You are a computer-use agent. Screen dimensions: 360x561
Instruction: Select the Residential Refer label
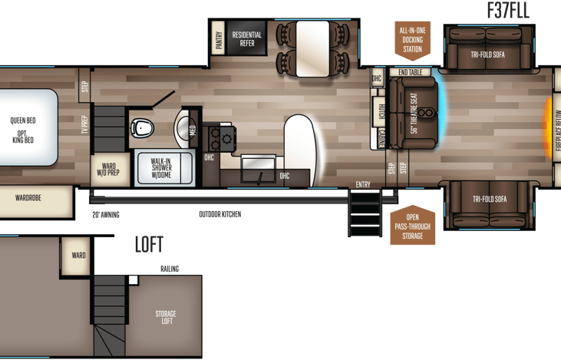(x=247, y=39)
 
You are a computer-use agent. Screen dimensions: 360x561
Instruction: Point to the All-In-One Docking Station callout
(x=411, y=39)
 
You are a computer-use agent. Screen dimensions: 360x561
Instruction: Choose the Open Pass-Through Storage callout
(x=411, y=226)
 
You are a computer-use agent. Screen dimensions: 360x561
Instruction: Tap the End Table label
(x=411, y=73)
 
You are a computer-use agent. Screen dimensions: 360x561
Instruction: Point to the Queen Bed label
(x=23, y=121)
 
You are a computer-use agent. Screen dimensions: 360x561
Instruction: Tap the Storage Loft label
(x=166, y=318)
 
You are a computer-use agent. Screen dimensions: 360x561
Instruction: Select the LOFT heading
(x=148, y=245)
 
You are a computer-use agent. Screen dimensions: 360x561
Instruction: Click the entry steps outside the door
(x=361, y=211)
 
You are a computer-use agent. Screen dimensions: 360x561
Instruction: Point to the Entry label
(x=363, y=184)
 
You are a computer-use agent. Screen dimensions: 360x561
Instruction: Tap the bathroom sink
(x=183, y=127)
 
